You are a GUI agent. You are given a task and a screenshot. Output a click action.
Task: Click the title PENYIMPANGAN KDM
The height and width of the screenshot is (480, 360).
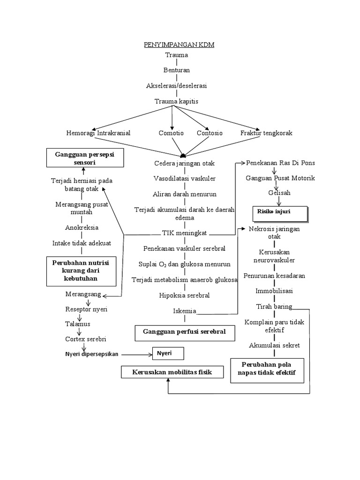[x=178, y=45]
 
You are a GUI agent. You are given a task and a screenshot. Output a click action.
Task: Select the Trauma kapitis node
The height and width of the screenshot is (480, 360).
[x=177, y=101]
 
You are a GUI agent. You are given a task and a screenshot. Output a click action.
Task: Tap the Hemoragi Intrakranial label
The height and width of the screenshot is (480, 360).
[x=98, y=133]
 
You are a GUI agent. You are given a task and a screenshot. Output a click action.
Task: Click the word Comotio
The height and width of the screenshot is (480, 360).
[x=172, y=133]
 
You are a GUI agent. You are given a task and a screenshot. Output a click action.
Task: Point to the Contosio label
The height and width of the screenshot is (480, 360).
[x=210, y=133]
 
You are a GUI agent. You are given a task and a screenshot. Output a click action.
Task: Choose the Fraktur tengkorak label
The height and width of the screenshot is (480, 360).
[x=266, y=133]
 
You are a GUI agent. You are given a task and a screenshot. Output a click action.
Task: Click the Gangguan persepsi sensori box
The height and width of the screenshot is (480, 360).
[x=85, y=157]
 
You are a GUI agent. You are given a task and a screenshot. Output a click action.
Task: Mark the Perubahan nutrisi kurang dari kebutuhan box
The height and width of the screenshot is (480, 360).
[x=82, y=271]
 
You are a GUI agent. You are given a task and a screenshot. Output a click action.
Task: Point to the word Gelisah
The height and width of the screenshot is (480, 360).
[x=280, y=193]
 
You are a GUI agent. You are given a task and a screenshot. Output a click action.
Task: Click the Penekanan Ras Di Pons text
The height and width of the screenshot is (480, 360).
[x=281, y=163]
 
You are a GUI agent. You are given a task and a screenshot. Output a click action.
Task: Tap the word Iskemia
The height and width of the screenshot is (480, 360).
[x=184, y=311]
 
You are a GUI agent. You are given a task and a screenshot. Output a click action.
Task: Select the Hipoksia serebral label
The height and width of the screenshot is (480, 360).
[x=184, y=296]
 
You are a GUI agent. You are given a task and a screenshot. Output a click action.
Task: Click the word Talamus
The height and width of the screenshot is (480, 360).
[x=78, y=324]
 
